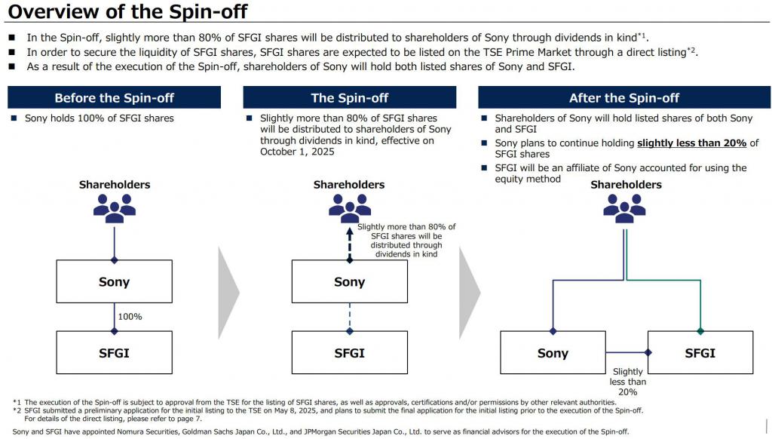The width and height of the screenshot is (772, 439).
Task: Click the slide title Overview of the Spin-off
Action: pyautogui.click(x=127, y=11)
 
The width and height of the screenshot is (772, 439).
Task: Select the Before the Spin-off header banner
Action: pyautogui.click(x=115, y=97)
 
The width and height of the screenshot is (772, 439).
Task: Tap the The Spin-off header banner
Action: pyautogui.click(x=350, y=97)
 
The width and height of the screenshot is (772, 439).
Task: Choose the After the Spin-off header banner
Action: pyautogui.click(x=624, y=97)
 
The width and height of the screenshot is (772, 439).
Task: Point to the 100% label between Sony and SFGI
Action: pyautogui.click(x=130, y=317)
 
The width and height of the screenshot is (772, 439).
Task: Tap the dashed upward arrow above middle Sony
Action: pyautogui.click(x=350, y=244)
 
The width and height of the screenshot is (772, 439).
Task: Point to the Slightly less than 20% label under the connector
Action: pyautogui.click(x=628, y=382)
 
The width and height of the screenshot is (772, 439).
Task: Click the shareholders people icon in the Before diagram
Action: pyautogui.click(x=115, y=208)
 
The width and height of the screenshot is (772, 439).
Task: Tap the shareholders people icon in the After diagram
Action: pyautogui.click(x=624, y=208)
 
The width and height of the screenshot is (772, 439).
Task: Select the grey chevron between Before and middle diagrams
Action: pyautogui.click(x=228, y=293)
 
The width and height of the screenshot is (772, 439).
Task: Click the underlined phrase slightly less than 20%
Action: pyautogui.click(x=692, y=143)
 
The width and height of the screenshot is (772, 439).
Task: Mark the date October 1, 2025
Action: pyautogui.click(x=297, y=152)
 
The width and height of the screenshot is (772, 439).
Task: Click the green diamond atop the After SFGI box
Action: pyautogui.click(x=700, y=331)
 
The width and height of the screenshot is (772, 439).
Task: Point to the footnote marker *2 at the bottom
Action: pyautogui.click(x=17, y=410)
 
